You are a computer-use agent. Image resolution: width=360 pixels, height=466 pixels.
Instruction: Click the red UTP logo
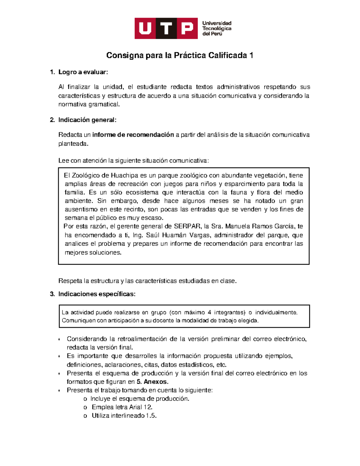[x=166, y=28]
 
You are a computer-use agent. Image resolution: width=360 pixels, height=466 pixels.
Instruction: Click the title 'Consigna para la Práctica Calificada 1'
[x=180, y=56]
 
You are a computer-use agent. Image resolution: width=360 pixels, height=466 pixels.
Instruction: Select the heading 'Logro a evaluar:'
[x=83, y=72]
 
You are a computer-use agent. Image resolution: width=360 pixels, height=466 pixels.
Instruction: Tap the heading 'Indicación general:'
[x=87, y=120]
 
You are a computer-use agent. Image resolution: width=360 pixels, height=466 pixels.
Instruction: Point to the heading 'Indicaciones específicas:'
[x=97, y=294]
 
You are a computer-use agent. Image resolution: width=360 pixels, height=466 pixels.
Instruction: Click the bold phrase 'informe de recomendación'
[x=133, y=135]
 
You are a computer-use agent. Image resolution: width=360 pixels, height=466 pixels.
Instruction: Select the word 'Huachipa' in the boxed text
[x=124, y=176]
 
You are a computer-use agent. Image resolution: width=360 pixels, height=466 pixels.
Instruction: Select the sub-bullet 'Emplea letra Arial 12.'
[x=122, y=407]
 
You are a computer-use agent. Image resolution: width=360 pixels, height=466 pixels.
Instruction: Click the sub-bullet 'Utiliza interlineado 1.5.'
[x=124, y=416]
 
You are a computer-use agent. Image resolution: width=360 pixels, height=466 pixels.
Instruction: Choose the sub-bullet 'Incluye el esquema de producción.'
[x=140, y=399]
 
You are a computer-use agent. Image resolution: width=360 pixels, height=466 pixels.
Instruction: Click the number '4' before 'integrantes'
[x=209, y=312]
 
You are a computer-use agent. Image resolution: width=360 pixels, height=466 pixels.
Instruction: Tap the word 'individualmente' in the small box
[x=276, y=312]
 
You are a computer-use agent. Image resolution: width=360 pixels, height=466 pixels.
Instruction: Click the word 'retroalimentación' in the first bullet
[x=142, y=339]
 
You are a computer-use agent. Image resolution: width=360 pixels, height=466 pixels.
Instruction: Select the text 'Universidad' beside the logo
[x=217, y=23]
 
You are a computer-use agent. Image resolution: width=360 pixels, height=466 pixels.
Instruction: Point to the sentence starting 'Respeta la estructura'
[x=147, y=281]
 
